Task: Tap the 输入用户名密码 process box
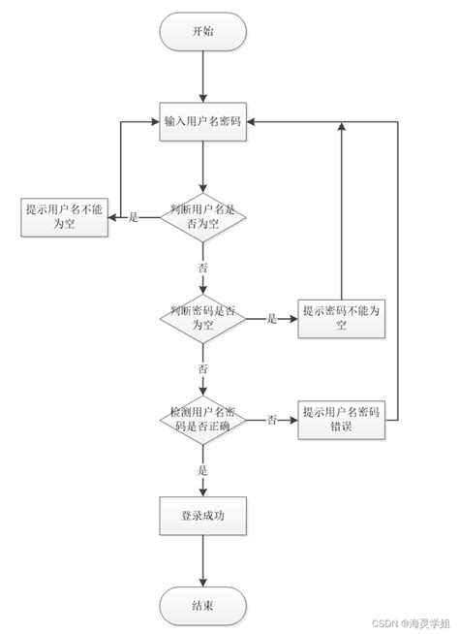(x=203, y=122)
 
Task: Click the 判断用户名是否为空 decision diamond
(x=203, y=216)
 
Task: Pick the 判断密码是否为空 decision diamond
(x=203, y=318)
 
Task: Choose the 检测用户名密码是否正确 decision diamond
(x=203, y=420)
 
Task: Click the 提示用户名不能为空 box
(x=64, y=218)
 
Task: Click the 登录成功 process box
(x=203, y=514)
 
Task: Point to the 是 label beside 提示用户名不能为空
(x=134, y=217)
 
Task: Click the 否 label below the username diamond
(x=203, y=266)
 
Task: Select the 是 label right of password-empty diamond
(x=272, y=318)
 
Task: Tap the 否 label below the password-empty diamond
(x=203, y=368)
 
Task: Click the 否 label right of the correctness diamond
(x=272, y=420)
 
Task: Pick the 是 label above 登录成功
(x=203, y=470)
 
